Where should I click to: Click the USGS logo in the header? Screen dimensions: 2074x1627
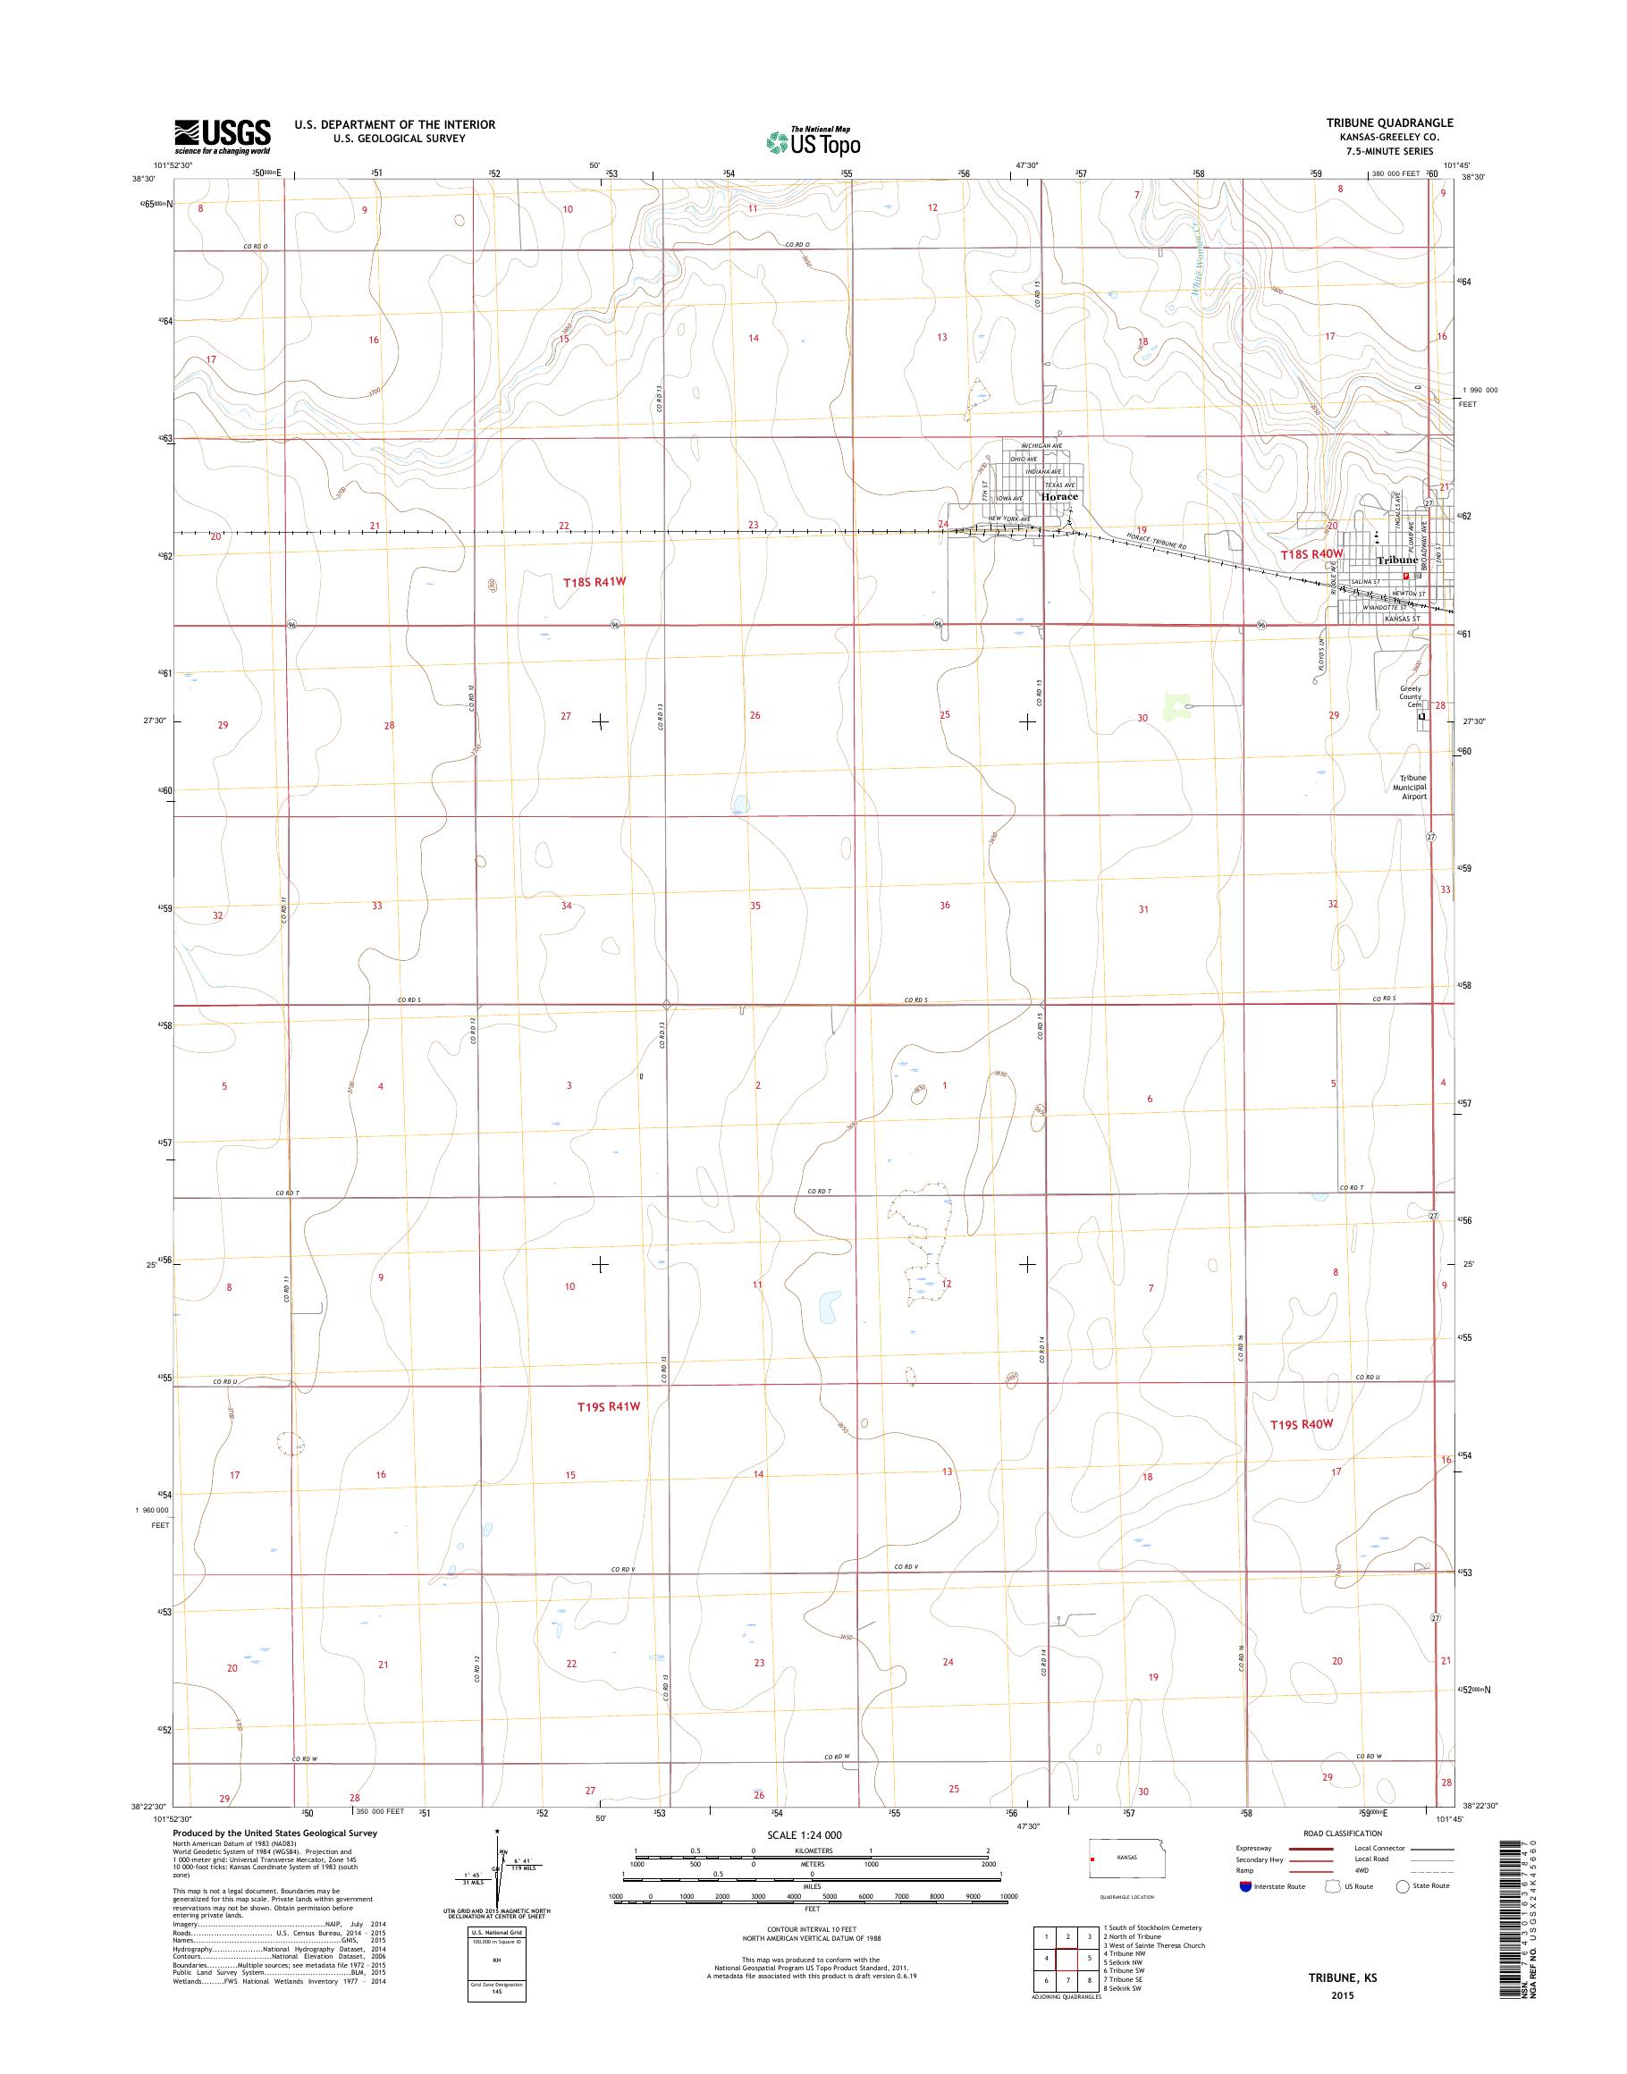coord(222,136)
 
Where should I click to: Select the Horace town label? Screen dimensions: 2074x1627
coord(1059,497)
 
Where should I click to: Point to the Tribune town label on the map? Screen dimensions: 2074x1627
coord(1396,561)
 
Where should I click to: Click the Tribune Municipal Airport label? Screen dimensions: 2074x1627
coord(1412,787)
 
